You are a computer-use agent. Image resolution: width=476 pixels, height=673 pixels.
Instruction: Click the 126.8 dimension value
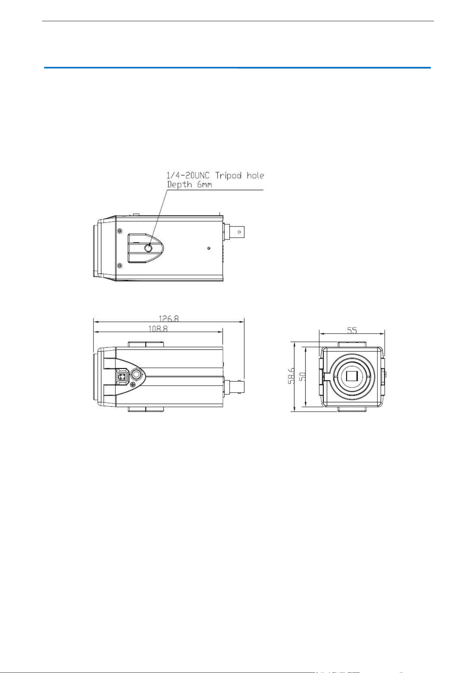[169, 319]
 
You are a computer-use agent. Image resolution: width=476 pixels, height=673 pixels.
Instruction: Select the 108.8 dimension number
[159, 329]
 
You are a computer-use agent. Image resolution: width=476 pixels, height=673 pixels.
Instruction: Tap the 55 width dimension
[352, 330]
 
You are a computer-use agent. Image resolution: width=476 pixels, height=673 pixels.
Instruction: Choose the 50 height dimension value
[303, 376]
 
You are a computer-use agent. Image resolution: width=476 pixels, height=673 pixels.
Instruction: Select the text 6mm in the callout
[206, 184]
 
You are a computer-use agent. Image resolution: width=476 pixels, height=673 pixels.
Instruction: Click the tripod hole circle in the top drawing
[148, 248]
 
